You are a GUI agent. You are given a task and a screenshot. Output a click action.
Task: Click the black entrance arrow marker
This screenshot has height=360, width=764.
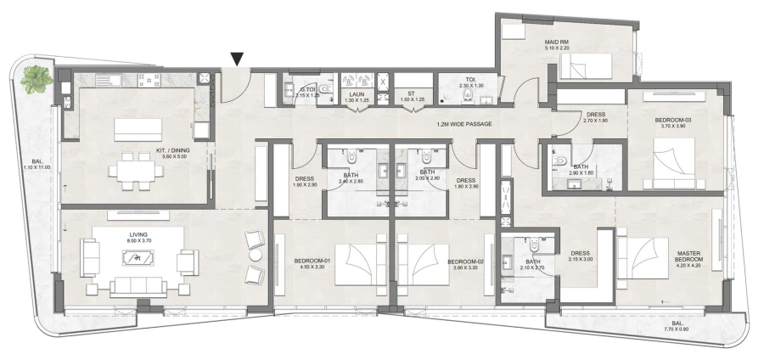click(x=238, y=59)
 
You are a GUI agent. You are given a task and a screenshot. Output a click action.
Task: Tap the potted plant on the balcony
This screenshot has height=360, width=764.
click(x=37, y=80)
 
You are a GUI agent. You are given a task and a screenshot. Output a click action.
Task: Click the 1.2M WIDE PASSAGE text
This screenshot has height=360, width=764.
click(x=464, y=124)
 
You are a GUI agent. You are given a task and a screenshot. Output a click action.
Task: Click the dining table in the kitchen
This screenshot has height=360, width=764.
click(x=137, y=166)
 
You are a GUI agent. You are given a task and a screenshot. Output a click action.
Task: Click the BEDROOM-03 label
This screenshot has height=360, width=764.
click(x=673, y=121)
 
